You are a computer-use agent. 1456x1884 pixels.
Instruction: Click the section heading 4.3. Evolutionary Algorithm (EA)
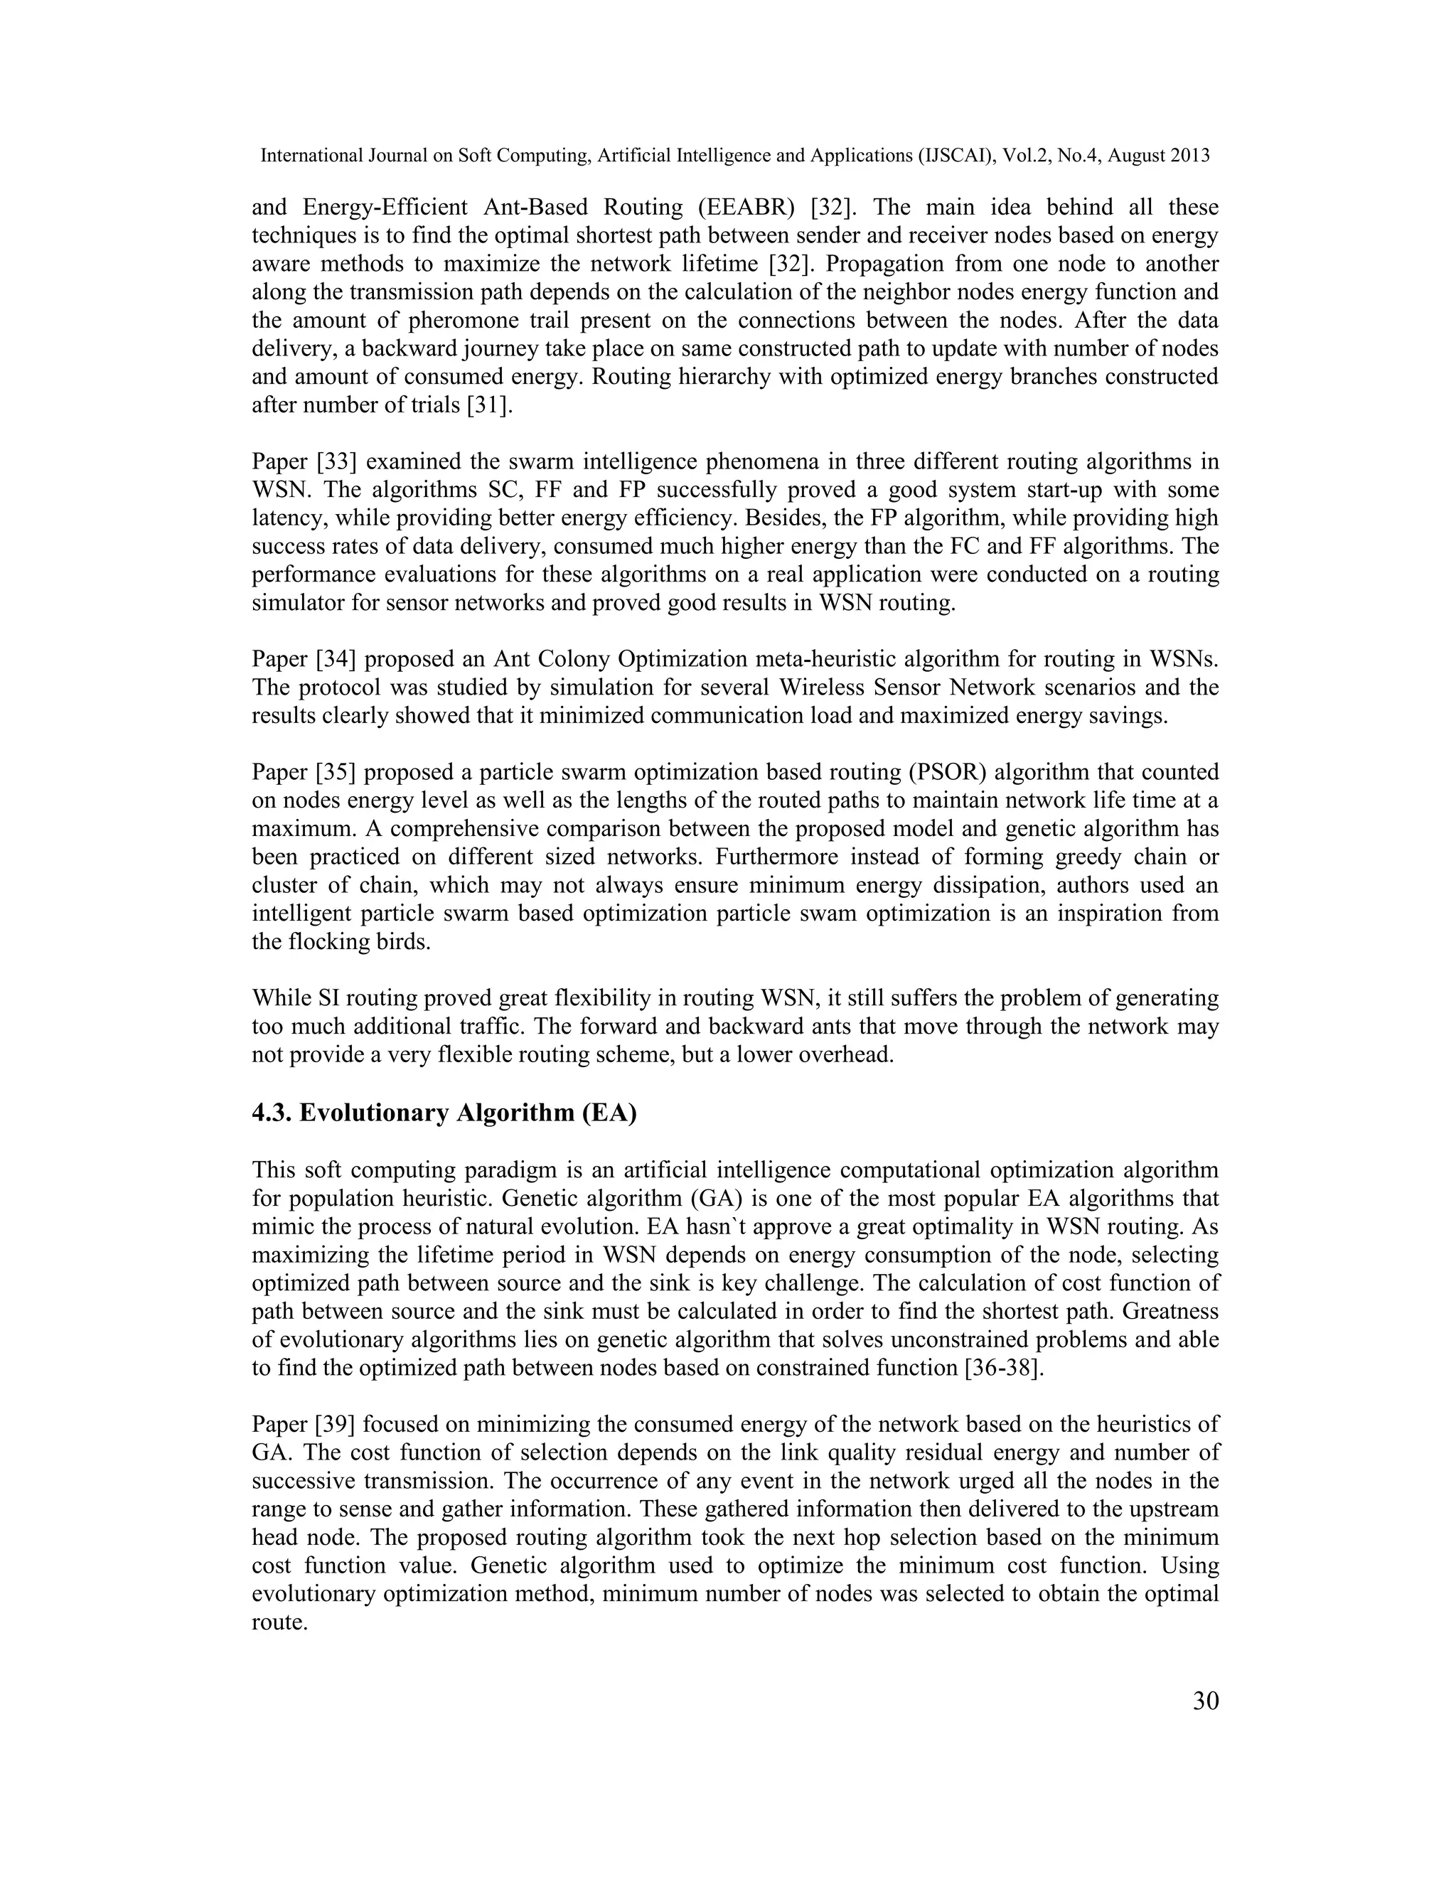(444, 1113)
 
